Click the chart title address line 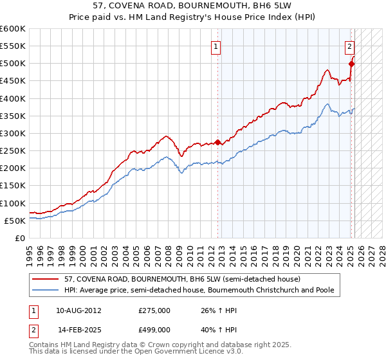(x=192, y=6)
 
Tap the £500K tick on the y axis (x=14, y=64)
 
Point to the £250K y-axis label (x=14, y=150)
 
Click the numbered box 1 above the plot (x=216, y=46)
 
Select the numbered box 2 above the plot (x=349, y=46)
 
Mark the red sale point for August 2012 (x=217, y=142)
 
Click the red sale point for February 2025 (x=352, y=64)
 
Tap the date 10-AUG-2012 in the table (x=78, y=310)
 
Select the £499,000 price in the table (x=154, y=329)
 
